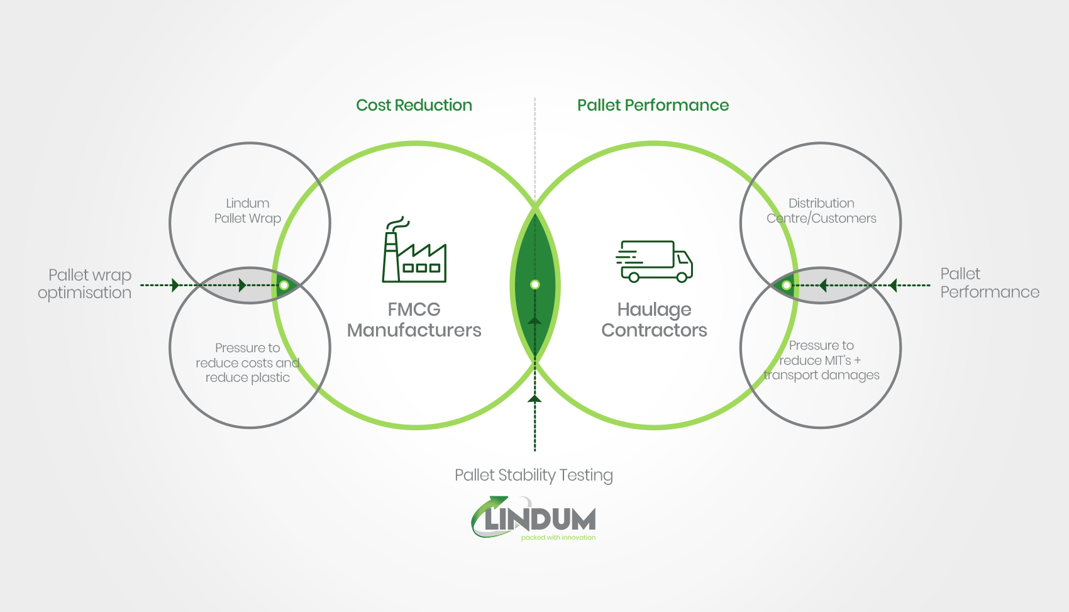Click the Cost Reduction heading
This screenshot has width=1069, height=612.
point(414,105)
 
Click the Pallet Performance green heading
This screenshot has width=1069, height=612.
point(653,105)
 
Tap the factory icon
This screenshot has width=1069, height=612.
point(414,251)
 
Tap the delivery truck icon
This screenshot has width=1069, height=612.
point(654,261)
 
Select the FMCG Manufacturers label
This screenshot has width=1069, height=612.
point(414,320)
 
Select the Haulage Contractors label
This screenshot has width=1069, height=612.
point(654,320)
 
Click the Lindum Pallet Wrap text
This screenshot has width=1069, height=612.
point(247,211)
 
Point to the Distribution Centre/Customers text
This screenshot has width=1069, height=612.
point(821,211)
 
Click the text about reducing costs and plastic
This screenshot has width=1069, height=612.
point(247,362)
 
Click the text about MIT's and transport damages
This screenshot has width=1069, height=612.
point(821,360)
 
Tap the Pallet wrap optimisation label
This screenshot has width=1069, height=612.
point(85,284)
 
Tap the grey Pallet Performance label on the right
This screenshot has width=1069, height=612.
point(989,283)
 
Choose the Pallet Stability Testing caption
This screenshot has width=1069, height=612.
point(533,475)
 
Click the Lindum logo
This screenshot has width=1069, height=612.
point(534,518)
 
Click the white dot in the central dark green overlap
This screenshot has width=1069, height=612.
point(534,284)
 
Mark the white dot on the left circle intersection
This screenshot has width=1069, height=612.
point(284,286)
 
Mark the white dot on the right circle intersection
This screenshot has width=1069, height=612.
point(786,286)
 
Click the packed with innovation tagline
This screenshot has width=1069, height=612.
point(558,538)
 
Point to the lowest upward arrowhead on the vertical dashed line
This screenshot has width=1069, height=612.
point(534,399)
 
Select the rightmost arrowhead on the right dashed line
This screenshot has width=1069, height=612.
point(892,286)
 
